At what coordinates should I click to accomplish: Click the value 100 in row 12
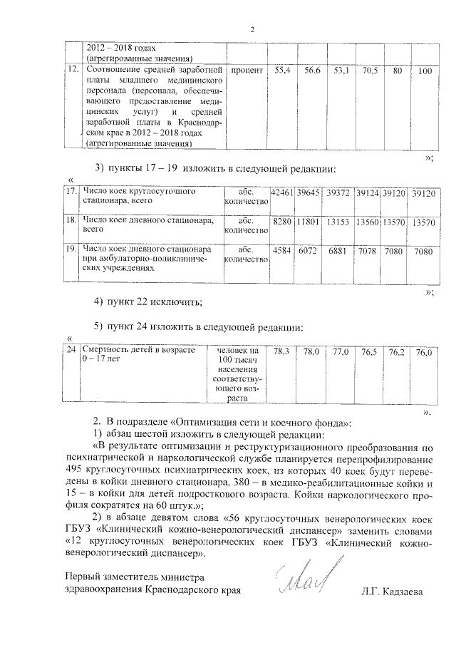(425, 71)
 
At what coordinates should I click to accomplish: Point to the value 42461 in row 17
(283, 193)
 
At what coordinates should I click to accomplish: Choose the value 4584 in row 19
(283, 251)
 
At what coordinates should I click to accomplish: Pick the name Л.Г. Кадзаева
(392, 591)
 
